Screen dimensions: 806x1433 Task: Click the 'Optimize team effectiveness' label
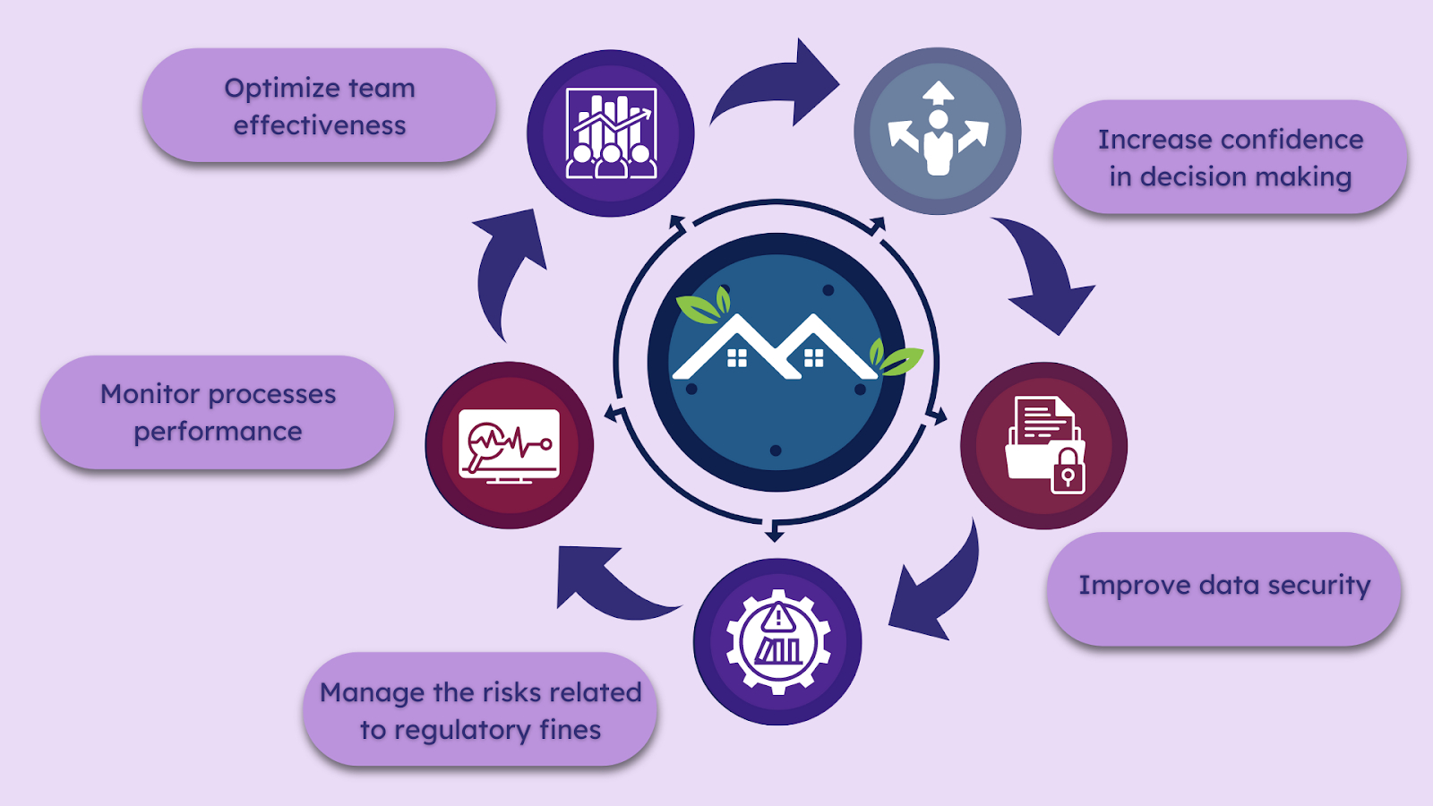(319, 106)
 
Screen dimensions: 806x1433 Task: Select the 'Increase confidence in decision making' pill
(1230, 158)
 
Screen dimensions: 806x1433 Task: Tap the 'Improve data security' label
(1223, 586)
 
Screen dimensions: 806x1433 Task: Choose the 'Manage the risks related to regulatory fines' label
(480, 710)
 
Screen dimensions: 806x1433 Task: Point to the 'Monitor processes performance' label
(218, 413)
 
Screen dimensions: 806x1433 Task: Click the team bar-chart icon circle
(611, 133)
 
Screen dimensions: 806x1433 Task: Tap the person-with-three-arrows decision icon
(938, 132)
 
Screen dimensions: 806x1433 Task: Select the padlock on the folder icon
(1067, 470)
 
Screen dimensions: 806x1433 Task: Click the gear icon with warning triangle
(777, 641)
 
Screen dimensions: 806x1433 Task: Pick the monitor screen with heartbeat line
(509, 445)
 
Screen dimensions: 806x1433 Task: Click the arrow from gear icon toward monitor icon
(609, 582)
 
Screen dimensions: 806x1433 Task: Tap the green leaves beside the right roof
(896, 358)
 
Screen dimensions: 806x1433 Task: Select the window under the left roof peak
(737, 358)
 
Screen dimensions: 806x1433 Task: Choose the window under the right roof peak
(813, 358)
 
